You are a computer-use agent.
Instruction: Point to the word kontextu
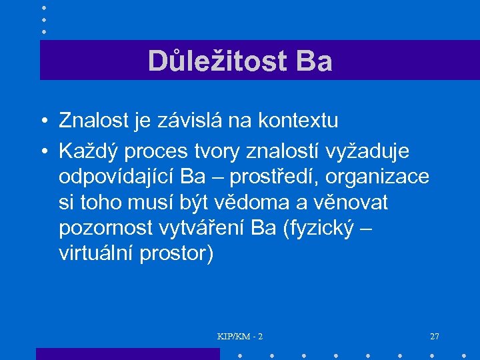[300, 121]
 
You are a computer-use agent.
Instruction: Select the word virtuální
[96, 254]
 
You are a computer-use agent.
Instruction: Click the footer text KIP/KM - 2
[240, 337]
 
